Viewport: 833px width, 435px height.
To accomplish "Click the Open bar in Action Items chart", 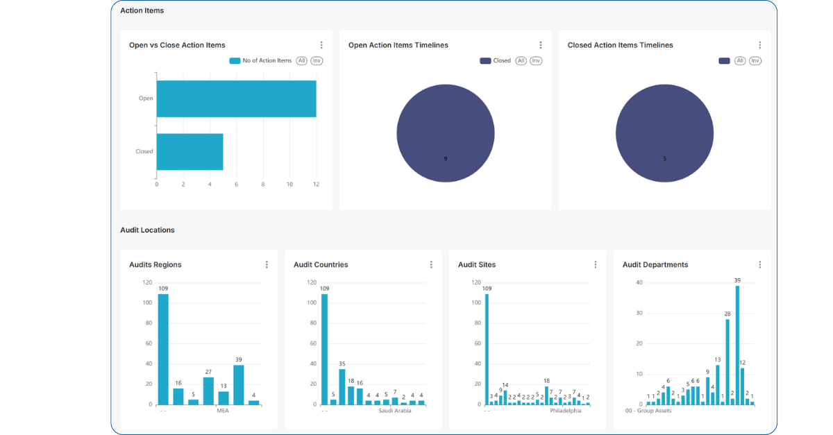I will point(236,99).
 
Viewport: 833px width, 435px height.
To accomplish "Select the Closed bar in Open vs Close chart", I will point(190,151).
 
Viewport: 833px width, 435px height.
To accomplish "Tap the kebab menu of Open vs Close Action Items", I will point(321,45).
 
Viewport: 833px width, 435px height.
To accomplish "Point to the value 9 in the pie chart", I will point(446,159).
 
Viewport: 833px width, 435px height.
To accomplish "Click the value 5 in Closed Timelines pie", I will point(664,159).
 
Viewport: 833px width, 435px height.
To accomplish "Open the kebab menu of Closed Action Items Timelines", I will point(760,45).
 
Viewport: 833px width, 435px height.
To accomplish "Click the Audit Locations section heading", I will point(147,230).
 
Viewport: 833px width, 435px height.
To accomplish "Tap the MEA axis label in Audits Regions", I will point(223,411).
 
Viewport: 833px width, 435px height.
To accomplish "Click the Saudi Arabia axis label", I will point(394,411).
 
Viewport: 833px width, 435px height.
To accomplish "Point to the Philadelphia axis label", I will point(565,411).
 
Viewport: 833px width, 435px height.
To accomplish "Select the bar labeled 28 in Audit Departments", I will point(727,361).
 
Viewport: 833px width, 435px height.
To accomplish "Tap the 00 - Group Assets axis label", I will point(648,411).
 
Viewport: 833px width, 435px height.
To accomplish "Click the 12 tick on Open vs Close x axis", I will point(317,185).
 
